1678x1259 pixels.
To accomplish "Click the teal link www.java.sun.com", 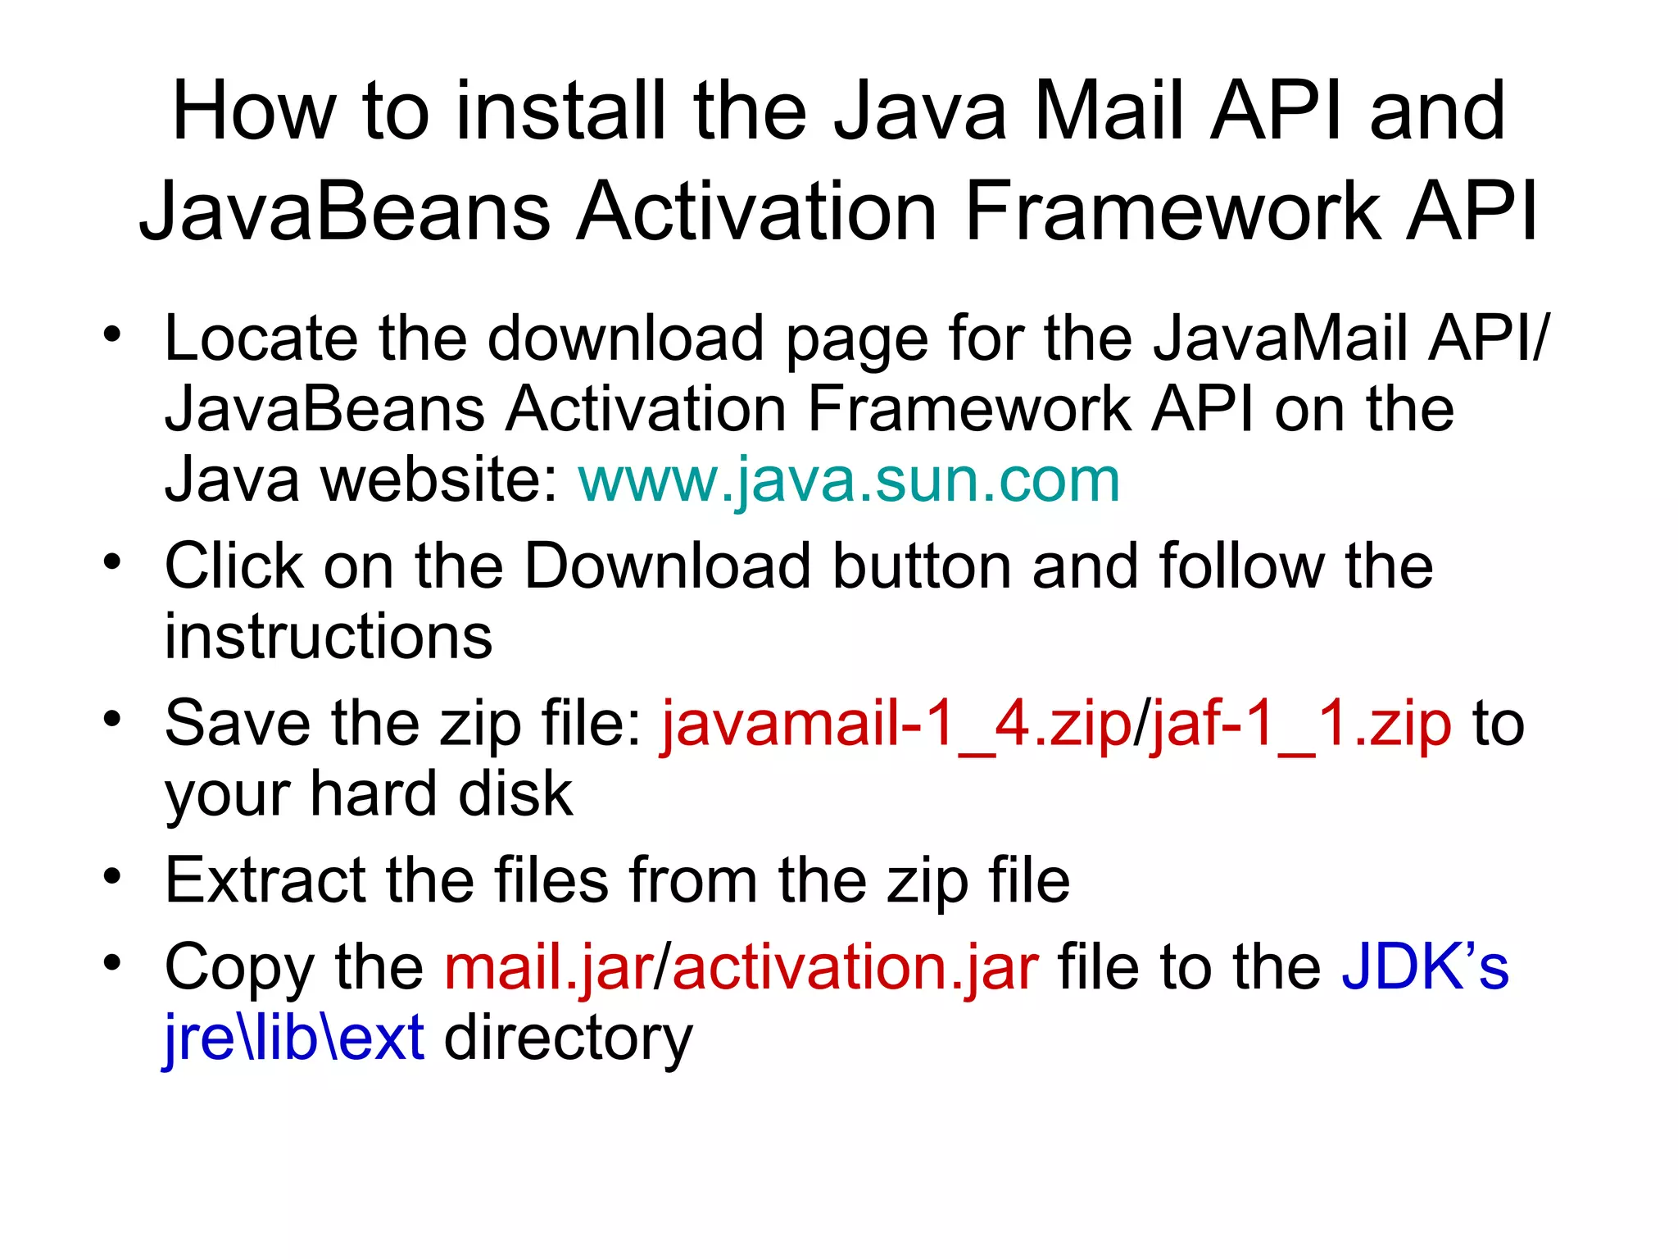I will [x=849, y=480].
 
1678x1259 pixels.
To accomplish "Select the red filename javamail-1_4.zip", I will [x=896, y=724].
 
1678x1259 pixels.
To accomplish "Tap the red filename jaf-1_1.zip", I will [x=1301, y=724].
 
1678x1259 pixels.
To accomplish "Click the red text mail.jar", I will [x=548, y=967].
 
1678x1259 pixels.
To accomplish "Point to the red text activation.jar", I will [x=855, y=967].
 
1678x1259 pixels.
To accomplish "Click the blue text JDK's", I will [x=1425, y=967].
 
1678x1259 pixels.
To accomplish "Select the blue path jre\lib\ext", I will [x=294, y=1038].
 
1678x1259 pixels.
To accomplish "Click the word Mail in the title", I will [x=1113, y=111].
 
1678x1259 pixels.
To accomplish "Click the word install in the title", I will [x=563, y=111].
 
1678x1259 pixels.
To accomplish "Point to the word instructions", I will [x=329, y=637].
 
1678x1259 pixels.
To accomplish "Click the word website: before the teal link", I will [x=441, y=480].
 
